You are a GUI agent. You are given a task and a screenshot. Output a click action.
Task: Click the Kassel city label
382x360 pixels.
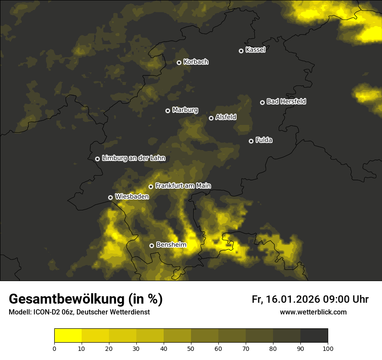point(255,50)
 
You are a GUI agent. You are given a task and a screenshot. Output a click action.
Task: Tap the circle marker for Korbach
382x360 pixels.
point(179,62)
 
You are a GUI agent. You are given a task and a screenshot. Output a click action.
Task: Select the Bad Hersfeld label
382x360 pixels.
point(286,101)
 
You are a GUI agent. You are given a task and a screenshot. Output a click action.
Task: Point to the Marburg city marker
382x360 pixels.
point(168,111)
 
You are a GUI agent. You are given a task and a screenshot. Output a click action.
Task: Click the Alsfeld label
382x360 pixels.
point(226,117)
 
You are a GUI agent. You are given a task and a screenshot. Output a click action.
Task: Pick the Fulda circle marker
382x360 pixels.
point(251,141)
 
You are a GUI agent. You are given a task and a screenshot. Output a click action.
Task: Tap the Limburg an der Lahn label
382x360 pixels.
point(133,158)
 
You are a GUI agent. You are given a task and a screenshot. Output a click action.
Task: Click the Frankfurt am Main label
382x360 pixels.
point(183,186)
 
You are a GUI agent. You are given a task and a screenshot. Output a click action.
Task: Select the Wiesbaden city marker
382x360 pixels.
point(110,197)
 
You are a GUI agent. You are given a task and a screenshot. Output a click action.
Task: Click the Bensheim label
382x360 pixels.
point(171,245)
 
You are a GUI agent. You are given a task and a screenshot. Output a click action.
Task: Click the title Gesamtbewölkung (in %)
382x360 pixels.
point(86,299)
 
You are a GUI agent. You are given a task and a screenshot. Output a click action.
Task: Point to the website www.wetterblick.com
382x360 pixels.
point(313,312)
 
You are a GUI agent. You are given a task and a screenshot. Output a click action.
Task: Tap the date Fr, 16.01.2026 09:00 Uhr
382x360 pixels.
point(310,299)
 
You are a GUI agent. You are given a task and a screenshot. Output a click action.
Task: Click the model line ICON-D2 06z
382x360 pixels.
point(79,312)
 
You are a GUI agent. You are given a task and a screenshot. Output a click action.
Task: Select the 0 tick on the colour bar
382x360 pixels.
point(54,348)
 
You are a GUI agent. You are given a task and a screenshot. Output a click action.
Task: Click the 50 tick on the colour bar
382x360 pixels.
point(191,348)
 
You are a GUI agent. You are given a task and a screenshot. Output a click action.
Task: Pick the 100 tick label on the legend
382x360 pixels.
point(328,348)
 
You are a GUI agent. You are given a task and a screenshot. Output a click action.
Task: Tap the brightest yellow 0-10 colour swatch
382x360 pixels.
point(68,336)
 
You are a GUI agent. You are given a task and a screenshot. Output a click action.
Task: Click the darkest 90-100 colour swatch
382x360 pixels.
point(314,336)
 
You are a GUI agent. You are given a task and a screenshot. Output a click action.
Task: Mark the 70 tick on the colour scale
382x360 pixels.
point(246,348)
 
